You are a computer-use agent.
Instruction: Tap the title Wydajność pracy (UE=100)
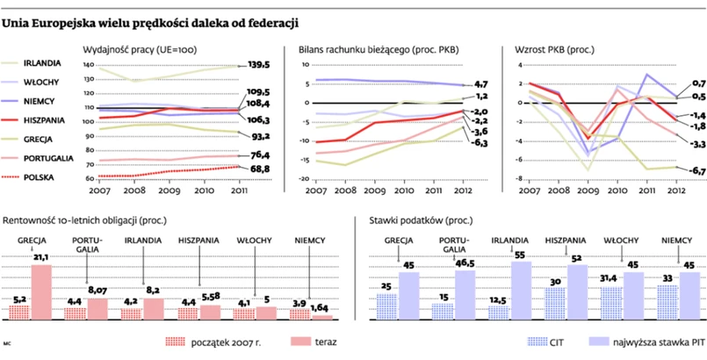click(x=138, y=50)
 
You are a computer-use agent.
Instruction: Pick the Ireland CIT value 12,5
click(x=498, y=300)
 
